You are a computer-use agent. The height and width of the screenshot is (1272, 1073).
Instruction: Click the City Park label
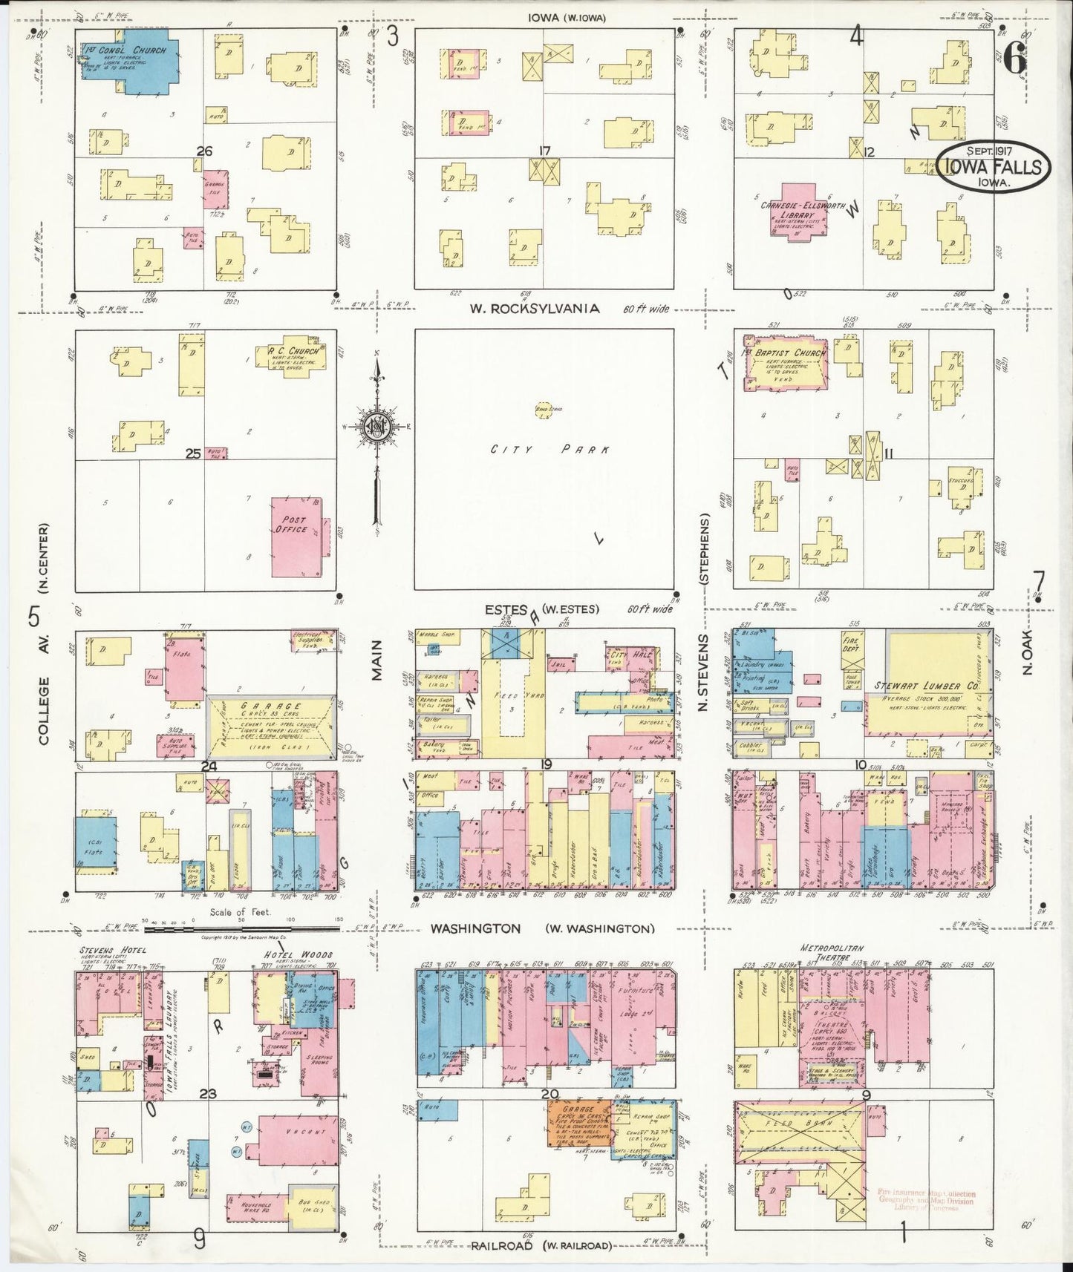(550, 450)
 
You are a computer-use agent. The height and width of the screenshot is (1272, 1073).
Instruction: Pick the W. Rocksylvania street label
(534, 309)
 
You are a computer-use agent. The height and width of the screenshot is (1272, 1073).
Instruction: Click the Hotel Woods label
(299, 954)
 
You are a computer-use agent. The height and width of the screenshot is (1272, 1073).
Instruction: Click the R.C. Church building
(295, 356)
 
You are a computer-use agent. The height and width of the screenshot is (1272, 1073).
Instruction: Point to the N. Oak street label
(1028, 657)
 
